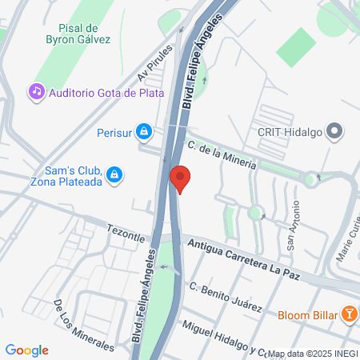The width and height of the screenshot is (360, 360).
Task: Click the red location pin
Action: tap(180, 178)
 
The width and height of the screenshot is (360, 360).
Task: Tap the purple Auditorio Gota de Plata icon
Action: tap(36, 92)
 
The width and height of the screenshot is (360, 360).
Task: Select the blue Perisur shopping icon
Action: tap(143, 130)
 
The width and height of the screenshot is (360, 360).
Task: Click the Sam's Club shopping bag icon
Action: tap(114, 174)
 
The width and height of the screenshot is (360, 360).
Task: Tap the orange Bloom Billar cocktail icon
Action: tap(349, 314)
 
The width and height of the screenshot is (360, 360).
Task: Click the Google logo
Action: tap(27, 350)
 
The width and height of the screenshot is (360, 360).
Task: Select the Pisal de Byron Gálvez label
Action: tap(78, 32)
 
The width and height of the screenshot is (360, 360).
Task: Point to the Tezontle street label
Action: tap(126, 233)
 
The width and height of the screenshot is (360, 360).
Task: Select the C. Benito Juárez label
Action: tap(225, 298)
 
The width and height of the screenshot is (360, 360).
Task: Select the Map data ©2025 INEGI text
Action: tap(313, 353)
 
